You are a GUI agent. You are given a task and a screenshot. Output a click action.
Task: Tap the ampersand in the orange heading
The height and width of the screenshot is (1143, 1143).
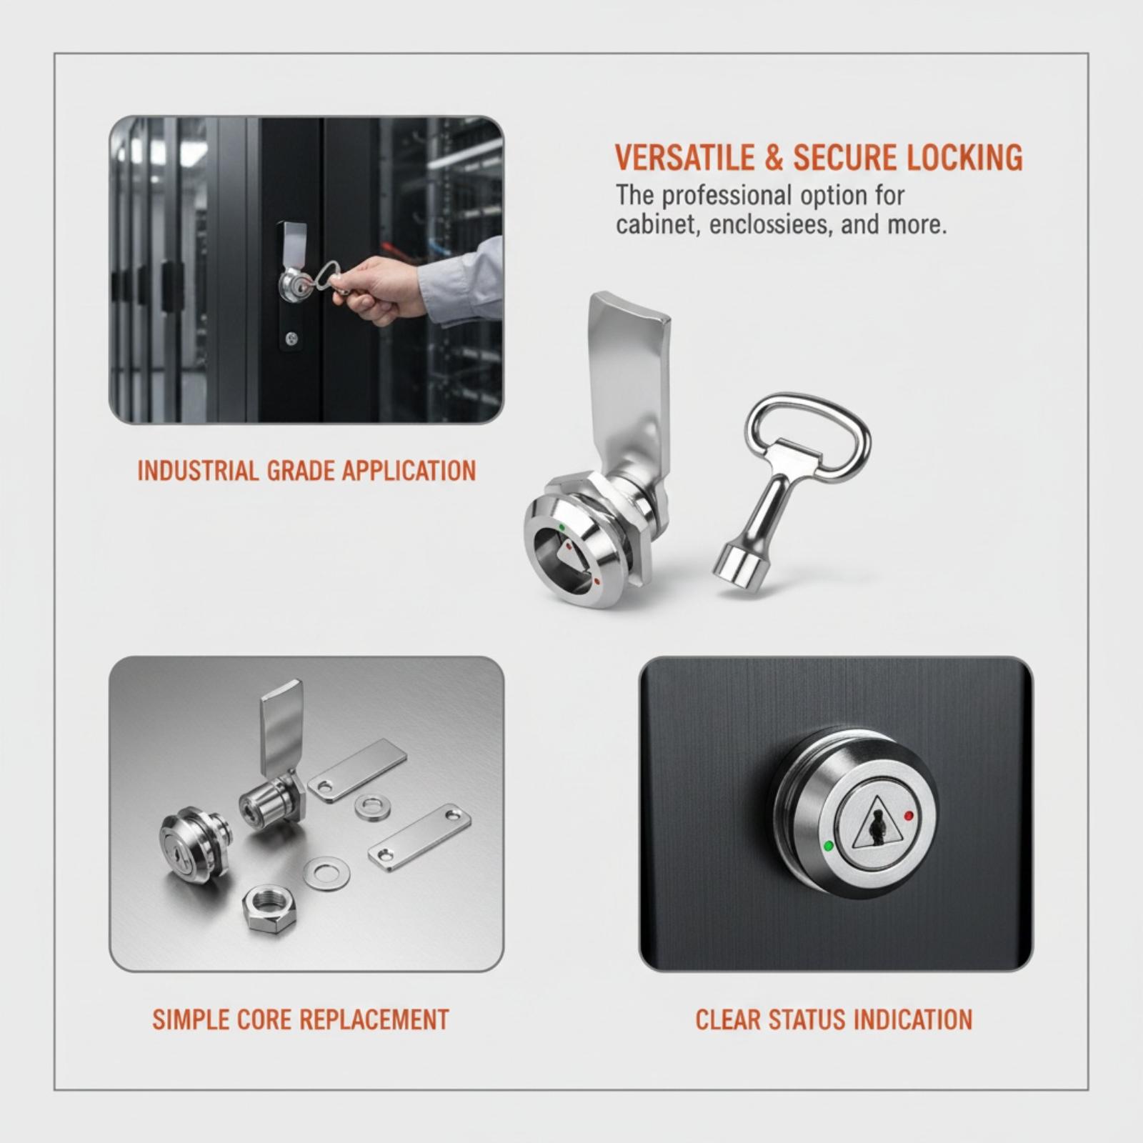coord(774,158)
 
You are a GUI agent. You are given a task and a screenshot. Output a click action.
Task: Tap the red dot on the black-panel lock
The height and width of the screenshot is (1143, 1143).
coord(909,816)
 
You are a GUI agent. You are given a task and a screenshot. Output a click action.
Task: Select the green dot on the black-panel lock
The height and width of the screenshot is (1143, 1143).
coord(829,846)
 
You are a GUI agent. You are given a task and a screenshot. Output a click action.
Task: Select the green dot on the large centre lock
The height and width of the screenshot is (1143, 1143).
coord(561,528)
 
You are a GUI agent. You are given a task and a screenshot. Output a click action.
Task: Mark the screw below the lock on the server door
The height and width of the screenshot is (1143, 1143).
coord(290,338)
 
